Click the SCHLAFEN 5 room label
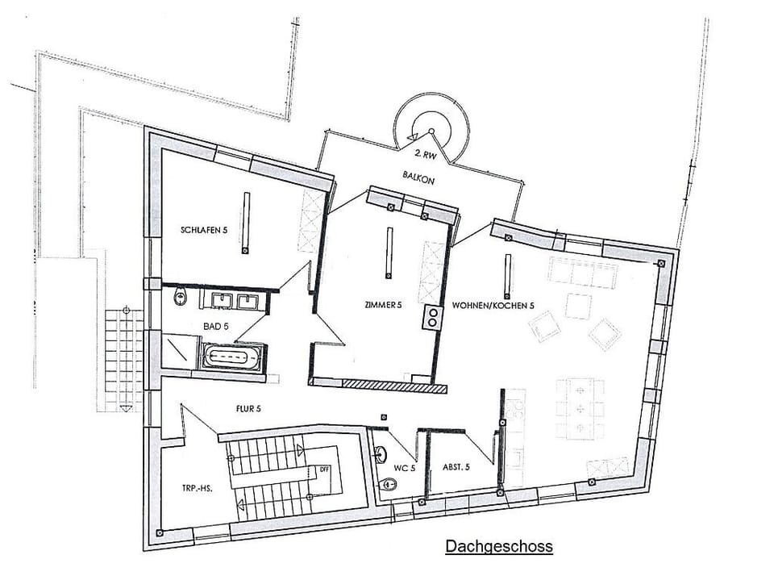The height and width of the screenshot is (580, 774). (204, 230)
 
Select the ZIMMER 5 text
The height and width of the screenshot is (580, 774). (383, 306)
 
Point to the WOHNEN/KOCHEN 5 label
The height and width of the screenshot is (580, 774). (493, 306)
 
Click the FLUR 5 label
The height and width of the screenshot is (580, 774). (248, 409)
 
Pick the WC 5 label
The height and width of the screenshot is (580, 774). (404, 468)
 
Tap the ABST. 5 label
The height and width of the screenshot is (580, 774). (456, 467)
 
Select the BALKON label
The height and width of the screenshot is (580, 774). (419, 182)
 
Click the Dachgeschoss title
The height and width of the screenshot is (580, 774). (498, 546)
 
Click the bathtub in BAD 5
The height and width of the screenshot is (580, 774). (231, 356)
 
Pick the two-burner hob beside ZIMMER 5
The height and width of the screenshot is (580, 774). (432, 317)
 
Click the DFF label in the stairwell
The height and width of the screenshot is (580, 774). (325, 467)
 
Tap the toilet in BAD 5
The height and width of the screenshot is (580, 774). (180, 297)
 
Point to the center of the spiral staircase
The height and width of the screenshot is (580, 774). (431, 131)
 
